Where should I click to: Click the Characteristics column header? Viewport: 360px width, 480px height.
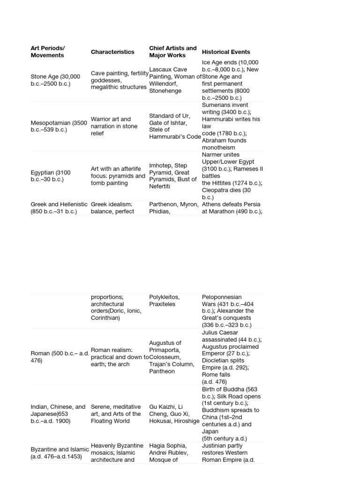point(112,52)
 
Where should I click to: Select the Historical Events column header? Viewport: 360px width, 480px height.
point(226,52)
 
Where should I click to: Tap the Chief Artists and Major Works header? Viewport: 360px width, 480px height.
point(173,52)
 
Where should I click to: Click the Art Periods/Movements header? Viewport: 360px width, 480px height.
point(47,52)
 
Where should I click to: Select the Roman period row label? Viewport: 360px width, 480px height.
point(60,357)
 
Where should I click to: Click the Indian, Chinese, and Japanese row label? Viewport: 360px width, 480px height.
point(58,414)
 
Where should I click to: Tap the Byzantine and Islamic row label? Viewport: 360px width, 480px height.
point(59,453)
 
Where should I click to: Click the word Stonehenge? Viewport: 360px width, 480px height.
point(165,91)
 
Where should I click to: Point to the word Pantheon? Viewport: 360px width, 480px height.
point(162,371)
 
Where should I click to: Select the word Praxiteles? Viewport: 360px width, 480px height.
point(162,304)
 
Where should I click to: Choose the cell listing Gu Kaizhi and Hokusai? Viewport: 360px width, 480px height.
point(173,414)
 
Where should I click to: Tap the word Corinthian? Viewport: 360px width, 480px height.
point(105,318)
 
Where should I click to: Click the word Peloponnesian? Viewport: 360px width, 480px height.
point(222,297)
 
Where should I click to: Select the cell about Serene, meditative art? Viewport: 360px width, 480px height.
point(116,414)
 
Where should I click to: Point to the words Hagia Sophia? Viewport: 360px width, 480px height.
point(168,446)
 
